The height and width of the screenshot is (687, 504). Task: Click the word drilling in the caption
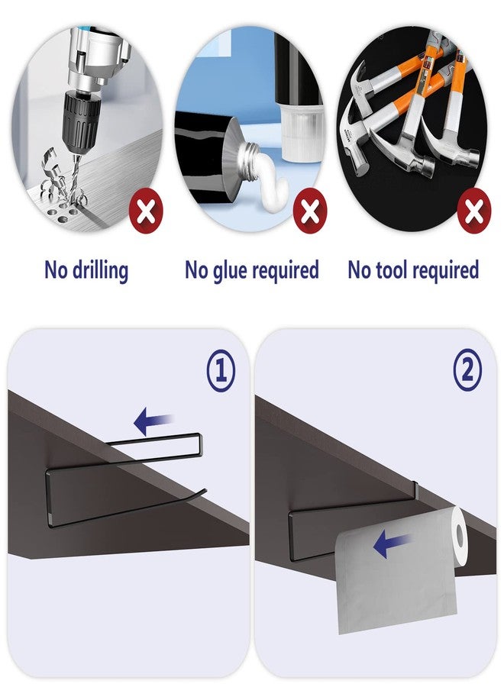point(100,270)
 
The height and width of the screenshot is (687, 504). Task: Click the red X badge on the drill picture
point(146,212)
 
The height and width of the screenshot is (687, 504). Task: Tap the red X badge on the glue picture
point(310,212)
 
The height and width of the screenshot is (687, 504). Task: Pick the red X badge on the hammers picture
point(473,212)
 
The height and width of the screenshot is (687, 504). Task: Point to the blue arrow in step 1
point(153,421)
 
